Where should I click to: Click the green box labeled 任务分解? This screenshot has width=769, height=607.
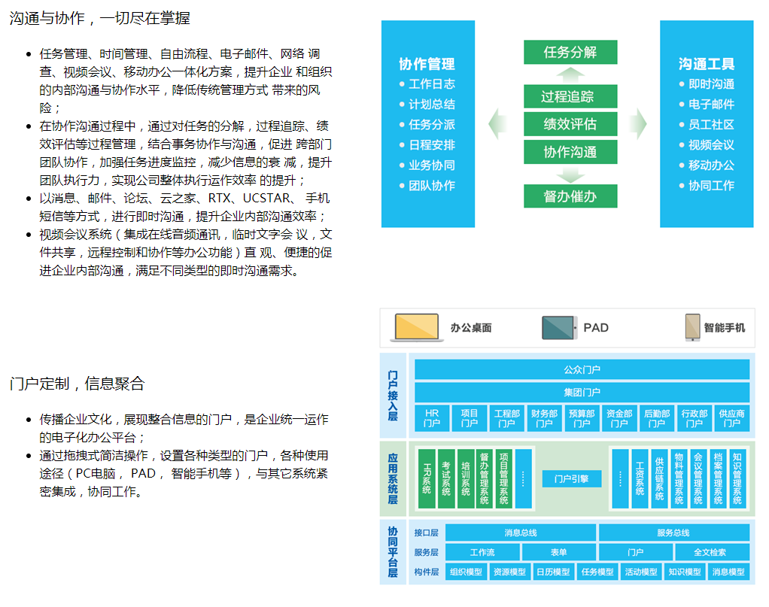[570, 53]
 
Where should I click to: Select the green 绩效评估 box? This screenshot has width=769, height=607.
[570, 124]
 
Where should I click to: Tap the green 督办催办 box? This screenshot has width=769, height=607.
[570, 196]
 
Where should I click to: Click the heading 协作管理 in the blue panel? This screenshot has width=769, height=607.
[427, 64]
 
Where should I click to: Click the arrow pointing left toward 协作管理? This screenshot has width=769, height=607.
[497, 124]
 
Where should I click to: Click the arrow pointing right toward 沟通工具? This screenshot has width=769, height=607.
[638, 124]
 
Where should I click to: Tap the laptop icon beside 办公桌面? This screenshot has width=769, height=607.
[417, 327]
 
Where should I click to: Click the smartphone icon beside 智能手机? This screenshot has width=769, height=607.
[692, 328]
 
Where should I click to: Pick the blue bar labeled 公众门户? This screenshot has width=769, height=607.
[582, 370]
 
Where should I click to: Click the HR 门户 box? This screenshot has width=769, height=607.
[432, 419]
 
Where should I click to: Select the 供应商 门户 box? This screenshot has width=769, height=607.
[731, 419]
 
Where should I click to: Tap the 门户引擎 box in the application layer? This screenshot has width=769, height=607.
[571, 478]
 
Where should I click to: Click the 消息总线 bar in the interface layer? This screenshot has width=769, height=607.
[520, 533]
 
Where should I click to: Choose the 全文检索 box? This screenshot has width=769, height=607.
[710, 552]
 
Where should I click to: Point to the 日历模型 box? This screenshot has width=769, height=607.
[553, 572]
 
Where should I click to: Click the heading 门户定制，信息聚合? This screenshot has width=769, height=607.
[77, 384]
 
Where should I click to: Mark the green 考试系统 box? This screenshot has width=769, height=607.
[446, 478]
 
